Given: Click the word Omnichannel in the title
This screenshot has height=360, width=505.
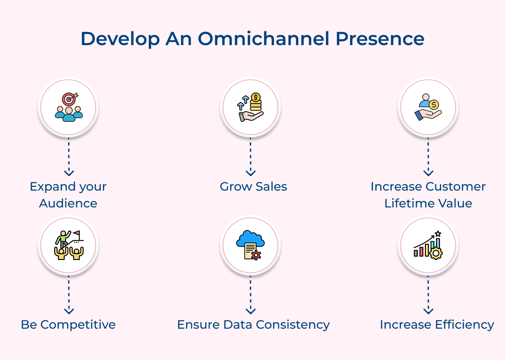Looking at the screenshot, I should tap(263, 39).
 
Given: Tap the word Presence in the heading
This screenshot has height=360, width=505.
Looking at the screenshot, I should tap(380, 39).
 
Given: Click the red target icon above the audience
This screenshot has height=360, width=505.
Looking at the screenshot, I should tap(69, 99).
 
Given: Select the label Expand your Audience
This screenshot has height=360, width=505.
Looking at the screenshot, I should tap(68, 195).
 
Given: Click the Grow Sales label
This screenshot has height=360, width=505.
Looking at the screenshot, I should tap(253, 187).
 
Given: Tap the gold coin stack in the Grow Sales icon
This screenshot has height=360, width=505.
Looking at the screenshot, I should tap(256, 102).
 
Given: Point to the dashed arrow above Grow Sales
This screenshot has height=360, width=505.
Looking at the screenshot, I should tap(250, 157).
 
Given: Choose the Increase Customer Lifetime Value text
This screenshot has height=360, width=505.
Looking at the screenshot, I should tap(428, 195).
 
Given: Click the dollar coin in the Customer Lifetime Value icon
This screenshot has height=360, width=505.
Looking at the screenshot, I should tap(434, 105).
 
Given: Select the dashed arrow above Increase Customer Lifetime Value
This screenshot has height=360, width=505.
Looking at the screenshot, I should tap(428, 157).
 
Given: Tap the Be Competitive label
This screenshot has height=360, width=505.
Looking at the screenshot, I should tap(68, 325).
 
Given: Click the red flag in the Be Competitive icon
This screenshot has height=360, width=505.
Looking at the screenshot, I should tap(77, 233).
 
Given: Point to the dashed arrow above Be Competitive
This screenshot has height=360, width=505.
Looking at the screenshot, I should tap(69, 295).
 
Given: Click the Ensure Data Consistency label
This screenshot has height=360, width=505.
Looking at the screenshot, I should tap(253, 325).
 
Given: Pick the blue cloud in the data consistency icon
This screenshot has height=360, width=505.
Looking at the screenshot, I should tap(250, 238).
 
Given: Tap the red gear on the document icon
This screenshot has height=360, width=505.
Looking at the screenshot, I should tap(256, 255).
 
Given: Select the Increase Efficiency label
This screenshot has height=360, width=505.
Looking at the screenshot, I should tap(437, 325).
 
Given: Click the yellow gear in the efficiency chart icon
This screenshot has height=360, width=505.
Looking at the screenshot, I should tap(436, 253).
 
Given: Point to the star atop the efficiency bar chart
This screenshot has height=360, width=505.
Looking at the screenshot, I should tap(438, 234).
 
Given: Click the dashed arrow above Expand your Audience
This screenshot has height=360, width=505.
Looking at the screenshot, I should tap(69, 157).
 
